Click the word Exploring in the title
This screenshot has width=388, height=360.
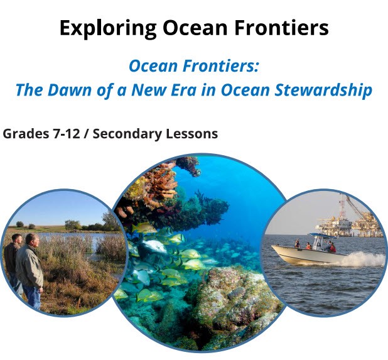pos(108,28)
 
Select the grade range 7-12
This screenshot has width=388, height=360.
pos(66,134)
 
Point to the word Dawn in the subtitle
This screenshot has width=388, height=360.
pos(70,90)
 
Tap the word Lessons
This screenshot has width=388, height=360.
pos(191,134)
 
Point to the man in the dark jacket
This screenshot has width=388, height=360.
pos(13,260)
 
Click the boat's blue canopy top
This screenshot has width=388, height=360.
pos(322,235)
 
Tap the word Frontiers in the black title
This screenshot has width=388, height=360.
pos(282,28)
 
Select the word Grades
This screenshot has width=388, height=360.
pos(26,134)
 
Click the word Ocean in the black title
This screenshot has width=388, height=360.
pos(195,28)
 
